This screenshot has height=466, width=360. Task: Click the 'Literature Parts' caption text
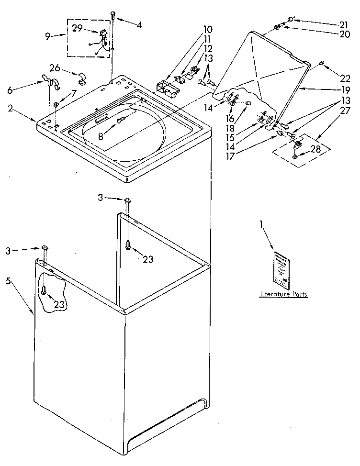[x=283, y=294]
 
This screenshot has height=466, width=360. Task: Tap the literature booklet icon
[x=282, y=269]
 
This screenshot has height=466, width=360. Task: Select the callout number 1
[x=261, y=224]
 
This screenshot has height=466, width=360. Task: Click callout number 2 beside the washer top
[x=11, y=108]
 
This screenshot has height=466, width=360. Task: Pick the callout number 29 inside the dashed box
[x=78, y=28]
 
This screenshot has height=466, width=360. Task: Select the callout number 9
[x=47, y=36]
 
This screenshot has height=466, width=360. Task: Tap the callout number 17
[x=230, y=155]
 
